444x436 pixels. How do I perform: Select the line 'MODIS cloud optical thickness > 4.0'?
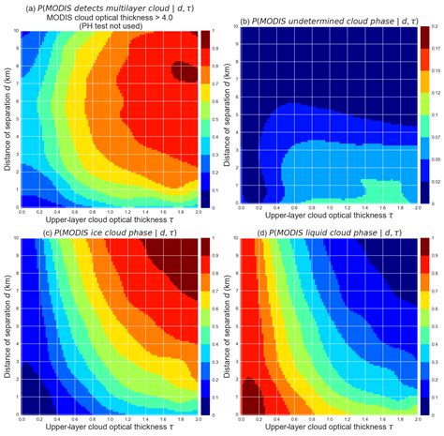pyautogui.click(x=111, y=15)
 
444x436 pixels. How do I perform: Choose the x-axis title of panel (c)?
pyautogui.click(x=109, y=427)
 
